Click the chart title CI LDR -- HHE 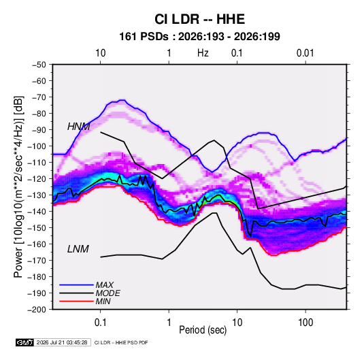199,19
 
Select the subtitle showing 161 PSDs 199,37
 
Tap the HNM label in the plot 78,127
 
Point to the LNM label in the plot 78,249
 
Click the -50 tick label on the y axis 39,65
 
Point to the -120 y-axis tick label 37,179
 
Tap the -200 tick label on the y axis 37,310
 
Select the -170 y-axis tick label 37,261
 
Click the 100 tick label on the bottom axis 305,323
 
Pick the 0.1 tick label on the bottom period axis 100,323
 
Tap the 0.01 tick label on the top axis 305,53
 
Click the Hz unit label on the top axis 203,53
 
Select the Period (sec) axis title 203,330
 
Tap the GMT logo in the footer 25,342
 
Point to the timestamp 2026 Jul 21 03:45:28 62,342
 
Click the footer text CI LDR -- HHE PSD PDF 121,342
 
